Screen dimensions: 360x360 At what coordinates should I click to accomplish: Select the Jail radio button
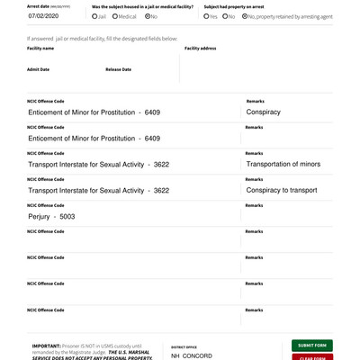[x=94, y=16]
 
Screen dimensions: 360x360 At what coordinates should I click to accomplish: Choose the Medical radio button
[x=115, y=16]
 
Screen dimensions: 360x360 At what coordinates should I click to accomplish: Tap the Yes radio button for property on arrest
[x=207, y=16]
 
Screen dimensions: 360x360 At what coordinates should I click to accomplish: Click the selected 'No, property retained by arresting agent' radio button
[x=245, y=16]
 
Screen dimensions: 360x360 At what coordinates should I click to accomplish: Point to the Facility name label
[x=40, y=49]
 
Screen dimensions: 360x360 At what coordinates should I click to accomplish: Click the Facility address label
[x=200, y=49]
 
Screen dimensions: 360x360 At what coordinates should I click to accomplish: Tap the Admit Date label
[x=39, y=69]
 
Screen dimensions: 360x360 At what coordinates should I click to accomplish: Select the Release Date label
[x=118, y=69]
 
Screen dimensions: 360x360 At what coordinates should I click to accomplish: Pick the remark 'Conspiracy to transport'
[x=281, y=190]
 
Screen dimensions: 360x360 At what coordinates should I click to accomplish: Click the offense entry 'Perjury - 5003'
[x=51, y=216]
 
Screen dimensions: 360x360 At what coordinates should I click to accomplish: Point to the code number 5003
[x=67, y=216]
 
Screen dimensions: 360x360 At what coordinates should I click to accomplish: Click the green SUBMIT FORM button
[x=311, y=345]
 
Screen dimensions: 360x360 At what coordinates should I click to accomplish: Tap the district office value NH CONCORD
[x=192, y=355]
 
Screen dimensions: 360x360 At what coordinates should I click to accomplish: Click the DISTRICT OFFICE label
[x=184, y=346]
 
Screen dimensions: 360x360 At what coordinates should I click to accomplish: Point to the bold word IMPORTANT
[x=46, y=345]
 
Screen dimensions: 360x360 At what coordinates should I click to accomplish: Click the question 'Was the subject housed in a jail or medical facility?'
[x=142, y=6]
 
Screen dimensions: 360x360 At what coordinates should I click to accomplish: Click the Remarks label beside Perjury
[x=254, y=205]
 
